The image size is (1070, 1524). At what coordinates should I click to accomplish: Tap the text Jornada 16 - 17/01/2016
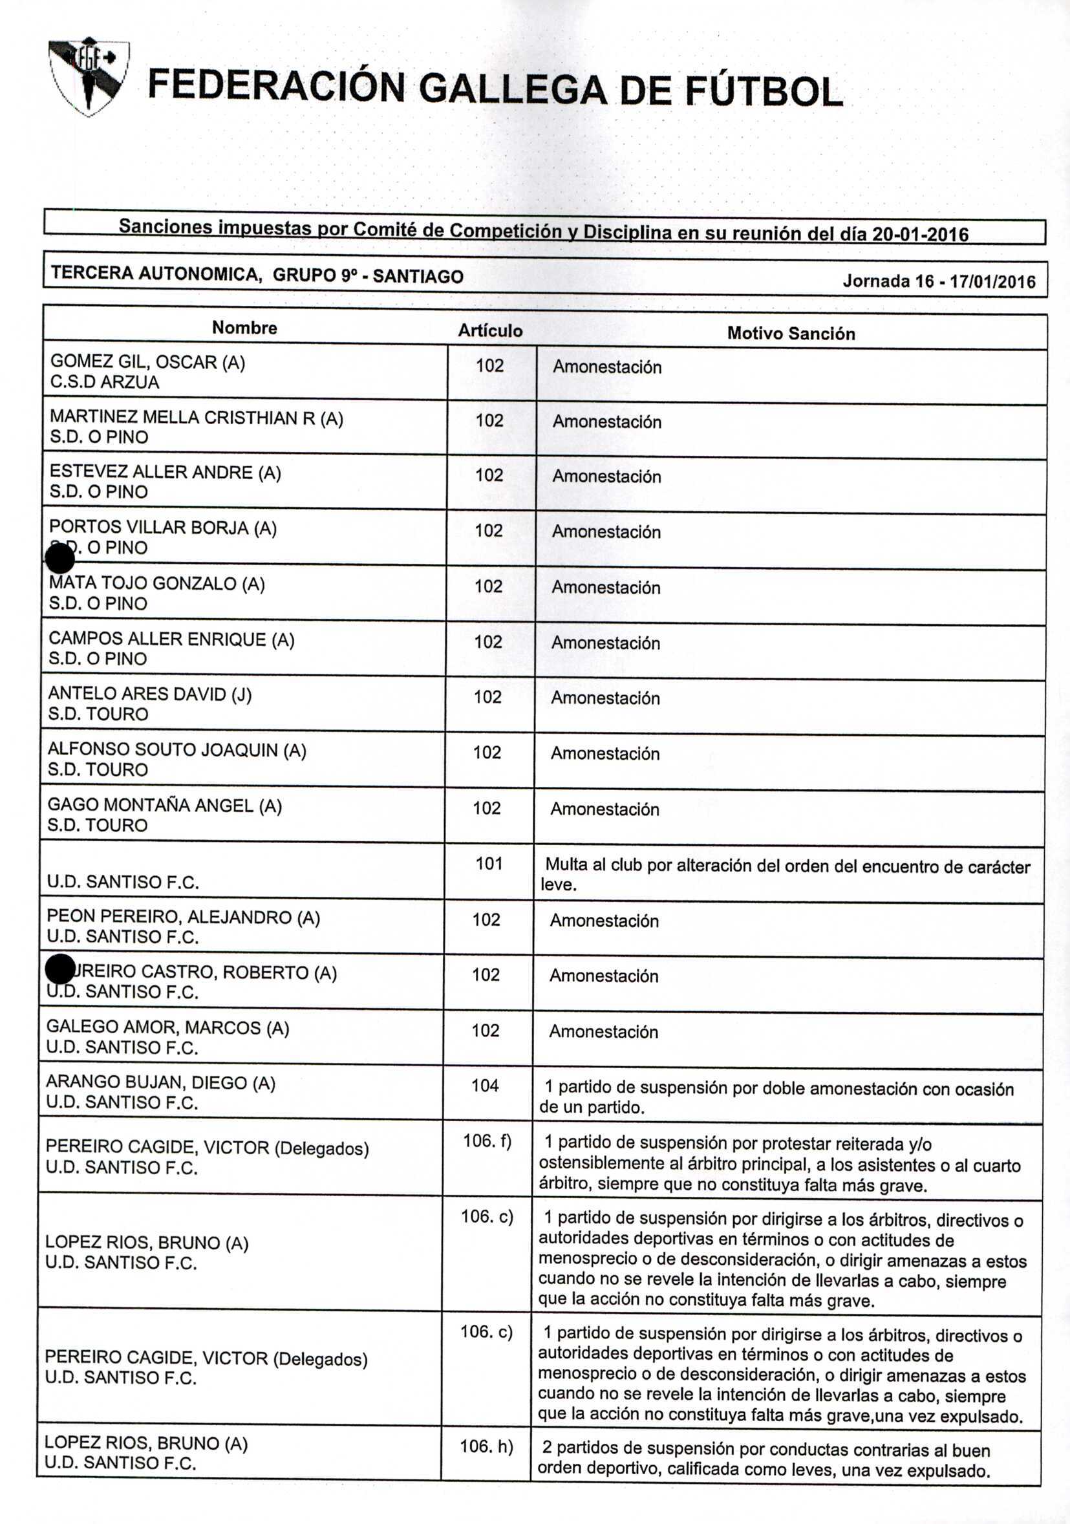pos(939,281)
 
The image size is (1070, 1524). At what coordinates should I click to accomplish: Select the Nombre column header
pos(244,328)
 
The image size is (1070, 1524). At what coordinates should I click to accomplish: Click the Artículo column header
pos(490,330)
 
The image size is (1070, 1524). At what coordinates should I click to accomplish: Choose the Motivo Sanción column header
pos(791,333)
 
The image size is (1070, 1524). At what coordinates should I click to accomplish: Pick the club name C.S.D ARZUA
pos(105,382)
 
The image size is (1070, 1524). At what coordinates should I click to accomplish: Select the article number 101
pos(489,864)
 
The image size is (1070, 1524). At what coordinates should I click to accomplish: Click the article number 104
pos(485,1085)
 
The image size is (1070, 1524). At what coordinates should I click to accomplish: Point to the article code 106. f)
pos(487,1141)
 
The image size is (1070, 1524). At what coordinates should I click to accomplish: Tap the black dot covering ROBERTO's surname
pos(59,970)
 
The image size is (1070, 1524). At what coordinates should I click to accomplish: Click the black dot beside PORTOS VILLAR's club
pos(59,557)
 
